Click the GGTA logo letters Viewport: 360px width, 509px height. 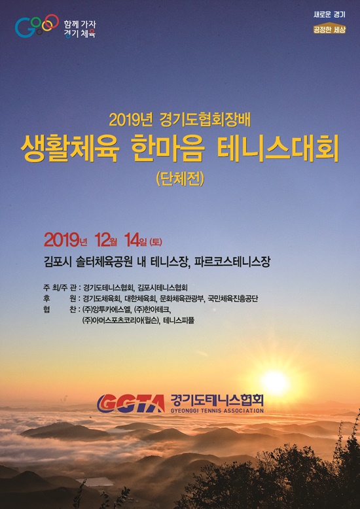pyautogui.click(x=131, y=402)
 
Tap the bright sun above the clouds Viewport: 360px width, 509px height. pyautogui.click(x=275, y=382)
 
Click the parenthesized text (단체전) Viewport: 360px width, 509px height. pyautogui.click(x=180, y=179)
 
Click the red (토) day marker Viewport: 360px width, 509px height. pyautogui.click(x=156, y=241)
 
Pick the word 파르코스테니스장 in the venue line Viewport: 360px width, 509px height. pyautogui.click(x=232, y=262)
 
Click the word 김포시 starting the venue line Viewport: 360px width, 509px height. pyautogui.click(x=57, y=262)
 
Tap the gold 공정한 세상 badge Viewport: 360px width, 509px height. pyautogui.click(x=329, y=29)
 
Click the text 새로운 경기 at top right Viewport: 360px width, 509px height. pyautogui.click(x=329, y=14)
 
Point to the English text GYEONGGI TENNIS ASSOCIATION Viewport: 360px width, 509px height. pyautogui.click(x=217, y=411)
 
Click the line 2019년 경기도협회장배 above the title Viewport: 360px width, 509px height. pyautogui.click(x=180, y=120)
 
